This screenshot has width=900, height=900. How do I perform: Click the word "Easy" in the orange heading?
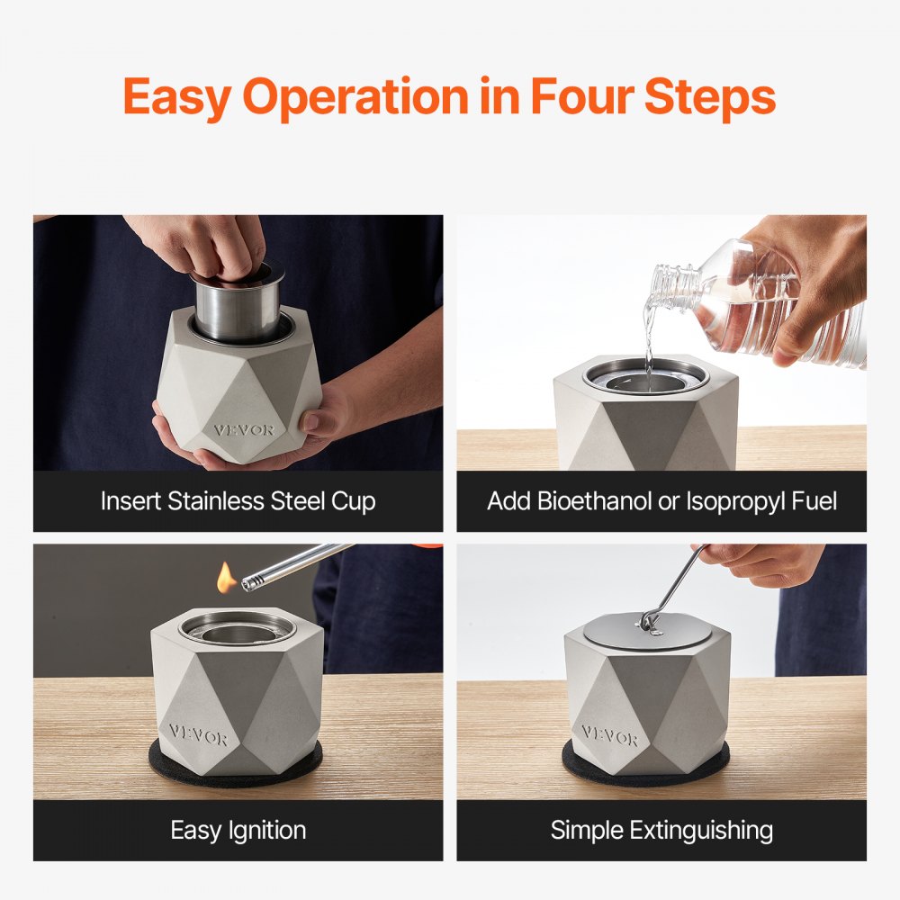(x=176, y=96)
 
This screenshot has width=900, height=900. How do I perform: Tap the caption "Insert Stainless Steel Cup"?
(x=238, y=501)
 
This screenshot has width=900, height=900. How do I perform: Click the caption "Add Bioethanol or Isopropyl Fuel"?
(x=661, y=501)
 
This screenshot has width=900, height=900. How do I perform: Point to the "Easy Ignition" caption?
(x=238, y=830)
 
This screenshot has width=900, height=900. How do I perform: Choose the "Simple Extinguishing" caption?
(x=661, y=830)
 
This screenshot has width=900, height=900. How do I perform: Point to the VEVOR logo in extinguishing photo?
(x=609, y=734)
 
